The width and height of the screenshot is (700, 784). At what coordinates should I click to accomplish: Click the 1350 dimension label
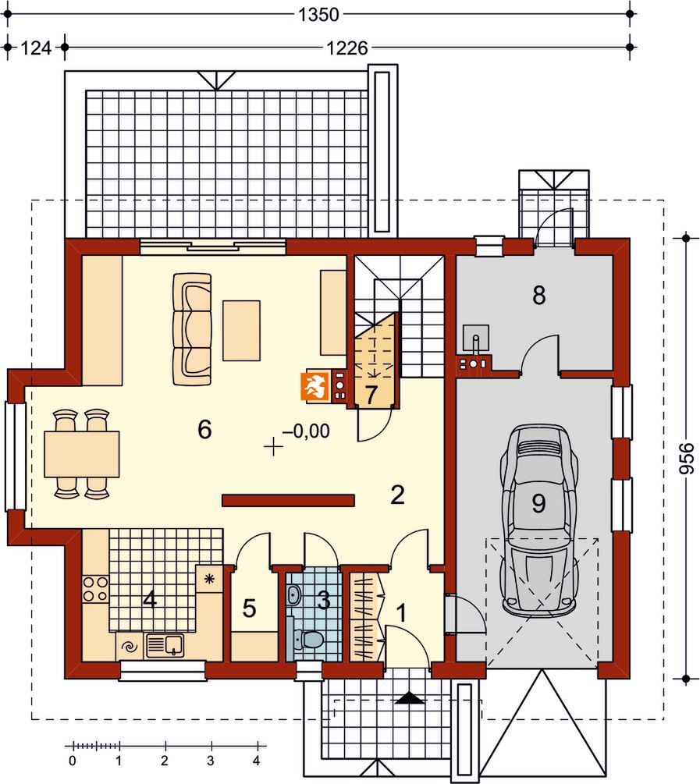tap(318, 15)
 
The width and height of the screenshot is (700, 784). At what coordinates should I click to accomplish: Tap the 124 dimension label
tap(36, 48)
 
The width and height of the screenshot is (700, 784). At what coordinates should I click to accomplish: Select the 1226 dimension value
tap(347, 48)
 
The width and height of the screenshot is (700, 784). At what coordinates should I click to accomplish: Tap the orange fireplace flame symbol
tap(314, 386)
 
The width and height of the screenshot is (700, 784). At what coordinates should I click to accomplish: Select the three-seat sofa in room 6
tap(192, 329)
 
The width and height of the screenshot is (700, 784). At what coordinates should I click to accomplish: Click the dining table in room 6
tap(82, 454)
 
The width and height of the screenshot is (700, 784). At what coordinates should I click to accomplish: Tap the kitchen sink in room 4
tap(165, 645)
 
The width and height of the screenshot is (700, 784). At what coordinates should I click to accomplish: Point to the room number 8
tap(539, 296)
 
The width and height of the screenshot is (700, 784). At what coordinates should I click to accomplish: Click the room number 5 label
tap(249, 608)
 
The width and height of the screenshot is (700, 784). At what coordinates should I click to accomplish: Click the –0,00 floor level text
tap(306, 431)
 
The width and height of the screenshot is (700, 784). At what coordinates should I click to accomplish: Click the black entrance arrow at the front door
tap(409, 698)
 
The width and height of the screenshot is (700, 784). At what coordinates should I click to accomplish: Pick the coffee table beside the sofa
tap(242, 331)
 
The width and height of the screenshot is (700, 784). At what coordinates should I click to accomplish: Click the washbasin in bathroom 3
tap(295, 595)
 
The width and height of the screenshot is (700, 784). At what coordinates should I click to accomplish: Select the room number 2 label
tap(397, 495)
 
